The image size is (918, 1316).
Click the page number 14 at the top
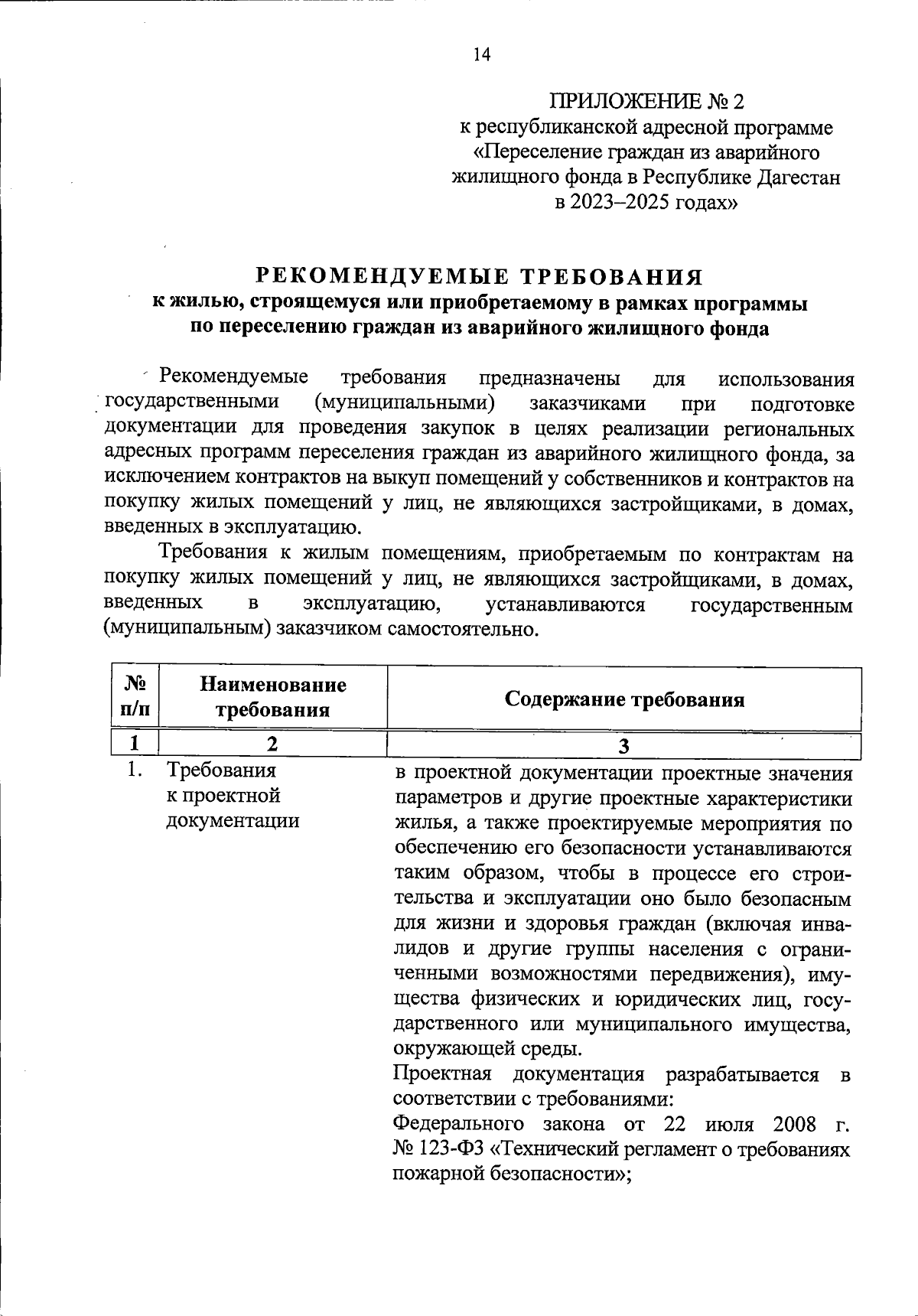[x=481, y=54]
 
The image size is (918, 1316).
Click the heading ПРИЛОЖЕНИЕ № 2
[x=646, y=102]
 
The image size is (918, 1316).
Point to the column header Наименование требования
[x=272, y=696]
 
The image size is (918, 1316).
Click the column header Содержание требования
[x=624, y=699]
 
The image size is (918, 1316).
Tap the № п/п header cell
[x=135, y=696]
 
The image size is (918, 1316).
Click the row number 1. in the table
[x=135, y=770]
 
